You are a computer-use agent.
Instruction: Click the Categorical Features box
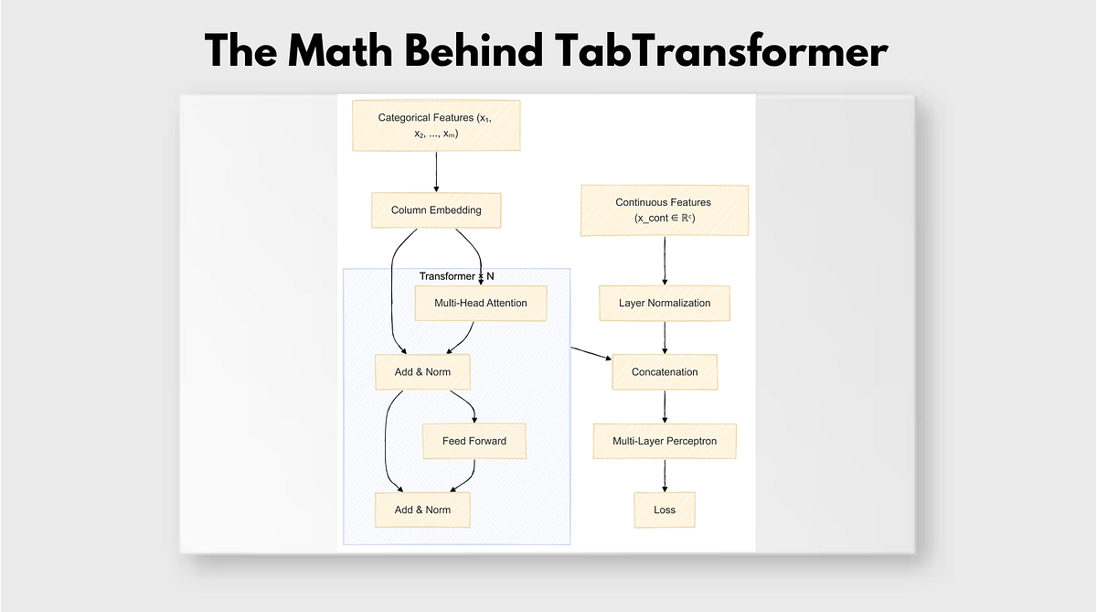[x=436, y=125]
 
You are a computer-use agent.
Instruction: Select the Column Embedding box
[x=436, y=210]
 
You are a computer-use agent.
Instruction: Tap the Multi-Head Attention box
[x=480, y=303]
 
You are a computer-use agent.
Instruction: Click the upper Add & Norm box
[x=422, y=372]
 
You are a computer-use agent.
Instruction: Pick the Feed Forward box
[x=474, y=441]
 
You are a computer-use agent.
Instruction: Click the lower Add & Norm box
[x=422, y=510]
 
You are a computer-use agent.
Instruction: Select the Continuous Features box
[x=664, y=210]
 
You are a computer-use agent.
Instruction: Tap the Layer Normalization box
[x=664, y=303]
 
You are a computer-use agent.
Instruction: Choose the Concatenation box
[x=664, y=372]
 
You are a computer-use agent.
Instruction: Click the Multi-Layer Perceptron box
[x=664, y=441]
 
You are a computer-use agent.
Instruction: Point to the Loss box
[x=664, y=510]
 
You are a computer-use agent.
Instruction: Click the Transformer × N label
[x=456, y=276]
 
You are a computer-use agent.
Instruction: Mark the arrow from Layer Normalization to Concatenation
[x=664, y=338]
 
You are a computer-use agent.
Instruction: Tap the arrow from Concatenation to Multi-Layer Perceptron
[x=664, y=407]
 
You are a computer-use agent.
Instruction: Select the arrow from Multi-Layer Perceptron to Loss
[x=664, y=476]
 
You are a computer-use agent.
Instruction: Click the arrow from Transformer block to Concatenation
[x=592, y=354]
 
